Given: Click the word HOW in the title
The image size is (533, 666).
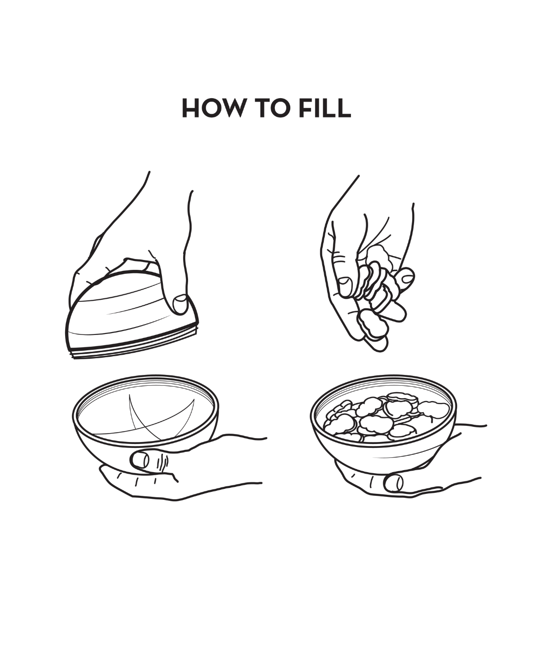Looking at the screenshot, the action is [212, 108].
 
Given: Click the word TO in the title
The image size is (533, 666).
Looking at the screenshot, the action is [271, 108].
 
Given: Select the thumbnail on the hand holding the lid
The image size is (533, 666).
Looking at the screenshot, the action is [180, 304].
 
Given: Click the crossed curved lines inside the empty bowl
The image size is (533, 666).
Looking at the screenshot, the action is [161, 416].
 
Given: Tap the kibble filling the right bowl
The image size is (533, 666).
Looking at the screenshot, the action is [385, 417].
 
